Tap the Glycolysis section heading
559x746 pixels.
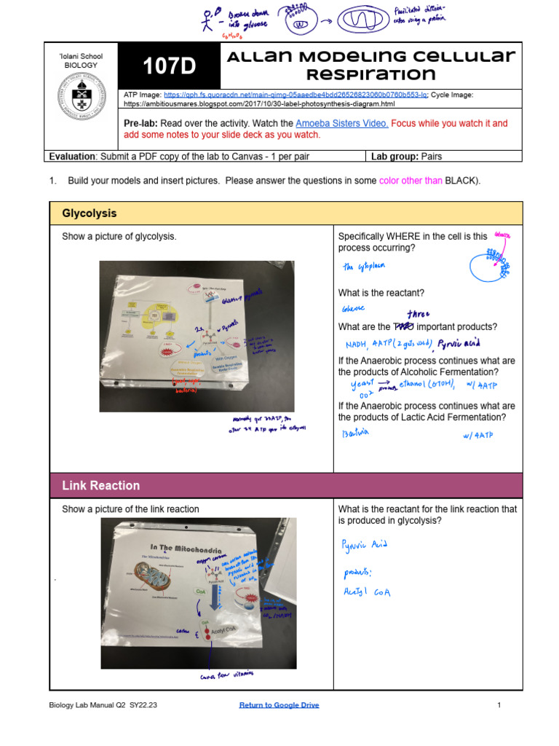(90, 213)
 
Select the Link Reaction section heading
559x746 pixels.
(101, 485)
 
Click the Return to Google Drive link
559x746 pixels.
(279, 705)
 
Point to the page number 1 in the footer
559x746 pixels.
(499, 705)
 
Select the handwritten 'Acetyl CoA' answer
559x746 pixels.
(367, 592)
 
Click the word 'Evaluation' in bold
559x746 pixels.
(72, 156)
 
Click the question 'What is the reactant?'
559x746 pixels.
(381, 293)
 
